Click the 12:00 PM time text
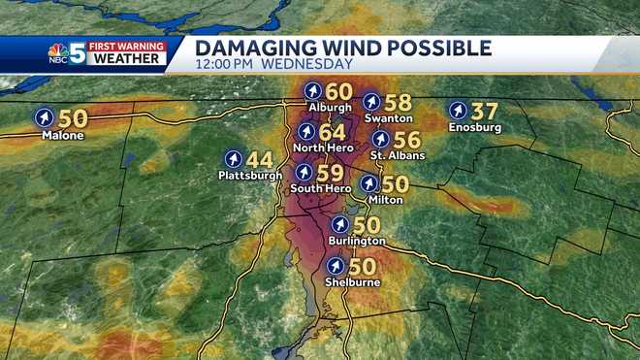click(230, 65)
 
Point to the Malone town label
click(62, 136)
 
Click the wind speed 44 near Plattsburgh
click(259, 158)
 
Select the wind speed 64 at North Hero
click(332, 131)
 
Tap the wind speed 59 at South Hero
click(330, 172)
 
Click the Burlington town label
click(357, 241)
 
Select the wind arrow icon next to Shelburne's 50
click(336, 265)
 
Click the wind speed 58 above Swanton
click(399, 101)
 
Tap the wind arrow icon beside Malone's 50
click(45, 118)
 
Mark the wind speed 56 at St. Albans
click(407, 139)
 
